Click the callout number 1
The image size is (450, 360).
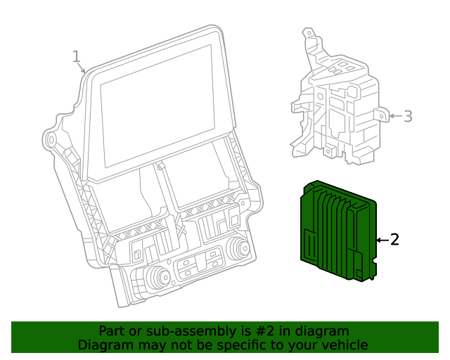(x=77, y=56)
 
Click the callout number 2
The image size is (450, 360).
(x=394, y=240)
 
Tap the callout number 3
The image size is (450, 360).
(x=408, y=116)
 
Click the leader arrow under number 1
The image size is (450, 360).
(x=83, y=69)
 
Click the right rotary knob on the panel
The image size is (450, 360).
(x=238, y=248)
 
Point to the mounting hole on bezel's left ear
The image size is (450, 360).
(x=51, y=139)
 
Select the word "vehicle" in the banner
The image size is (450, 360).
(x=343, y=345)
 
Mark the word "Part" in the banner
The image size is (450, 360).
(x=111, y=331)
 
